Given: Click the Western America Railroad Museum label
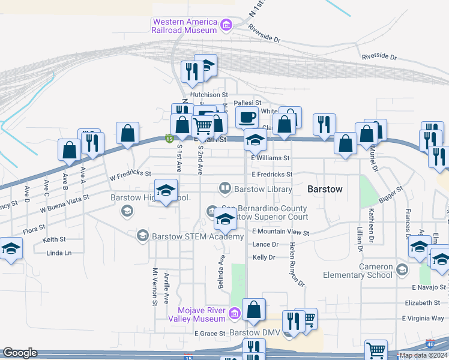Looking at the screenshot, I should coord(184,26).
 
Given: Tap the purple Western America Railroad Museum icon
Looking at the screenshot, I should coord(226,26).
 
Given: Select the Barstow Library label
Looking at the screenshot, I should coord(263,189).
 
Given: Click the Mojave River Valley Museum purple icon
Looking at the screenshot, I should coord(234,312).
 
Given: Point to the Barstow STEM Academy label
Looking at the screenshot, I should coord(198,236).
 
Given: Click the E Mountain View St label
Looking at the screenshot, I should coord(280,232).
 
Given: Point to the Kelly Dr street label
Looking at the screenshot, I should coord(264,257).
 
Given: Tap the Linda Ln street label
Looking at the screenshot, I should coord(59,253).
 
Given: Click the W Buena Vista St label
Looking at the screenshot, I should coord(65,203).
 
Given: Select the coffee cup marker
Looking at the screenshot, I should coord(246,116).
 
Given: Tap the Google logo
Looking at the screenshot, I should coord(19,353).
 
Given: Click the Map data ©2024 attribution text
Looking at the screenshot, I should coord(423,355).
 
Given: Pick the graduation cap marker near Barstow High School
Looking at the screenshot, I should coord(166,191).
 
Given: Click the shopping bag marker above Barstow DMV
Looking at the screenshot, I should coord(255,310).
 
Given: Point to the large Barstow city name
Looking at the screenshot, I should coord(325,189).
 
